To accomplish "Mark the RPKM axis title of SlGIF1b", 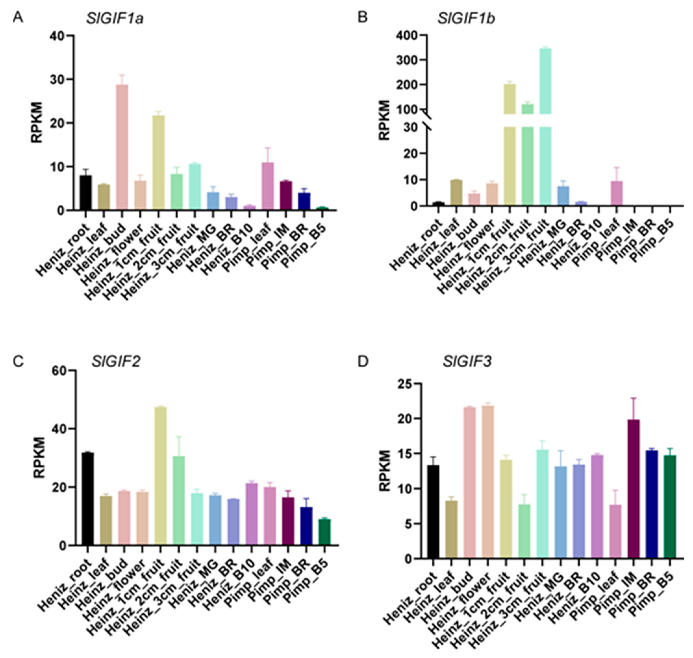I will coord(385,120).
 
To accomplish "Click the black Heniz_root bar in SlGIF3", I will coord(433,511).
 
